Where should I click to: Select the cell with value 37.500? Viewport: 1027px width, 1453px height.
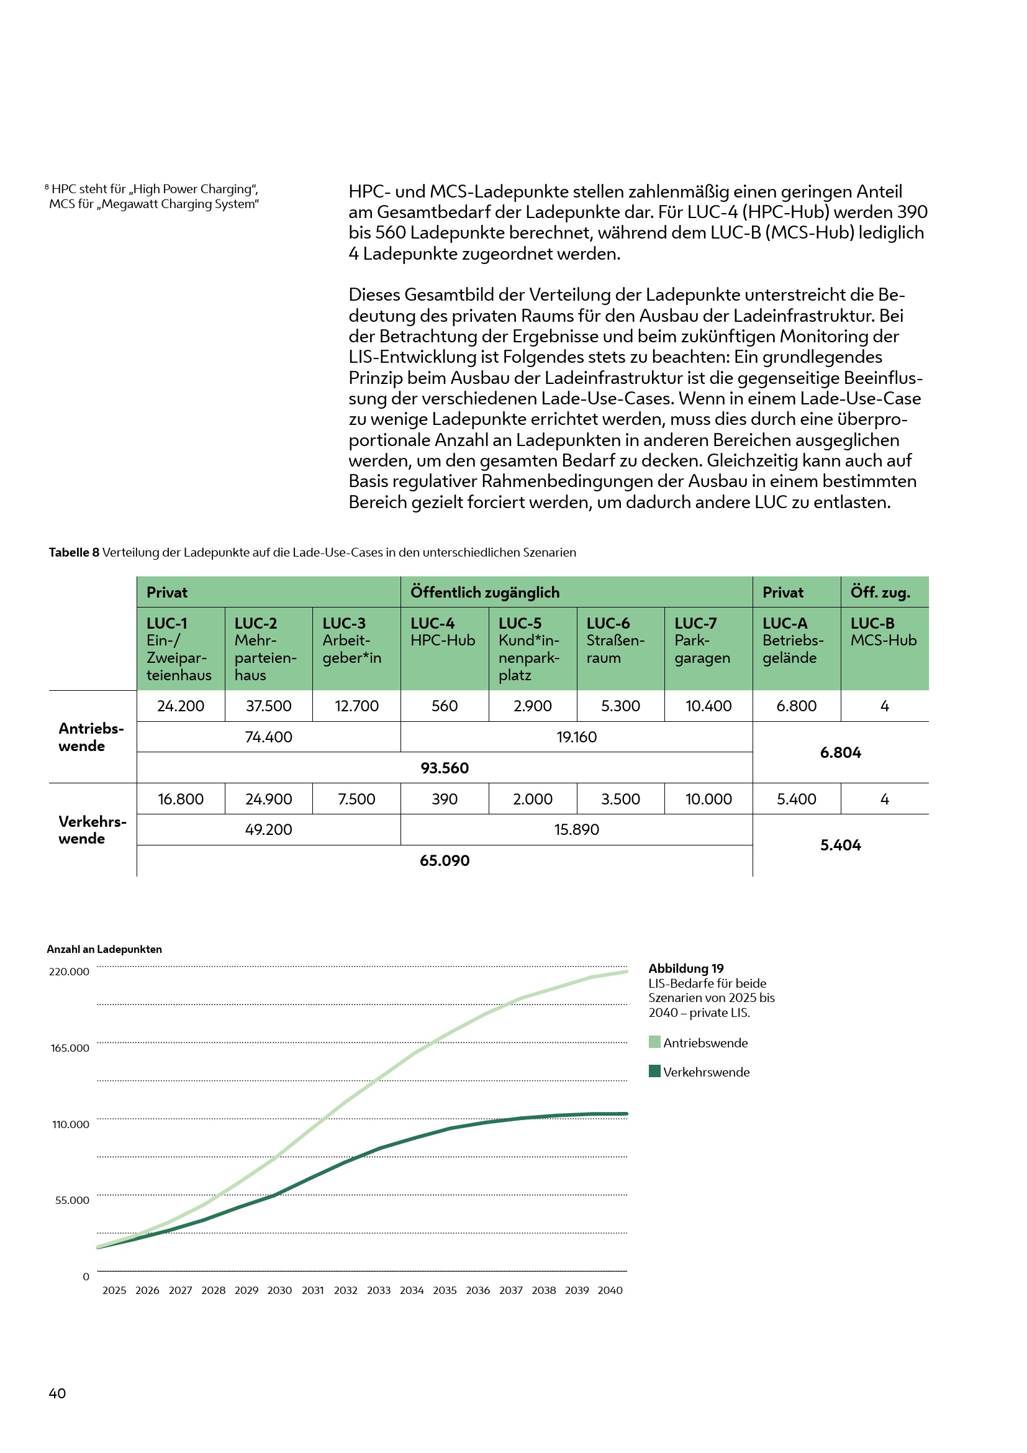(x=269, y=706)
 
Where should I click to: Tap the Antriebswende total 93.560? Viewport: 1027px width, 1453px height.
(x=445, y=768)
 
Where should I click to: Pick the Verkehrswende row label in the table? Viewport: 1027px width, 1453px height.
(x=93, y=830)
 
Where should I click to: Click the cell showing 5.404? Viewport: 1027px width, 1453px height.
(x=841, y=845)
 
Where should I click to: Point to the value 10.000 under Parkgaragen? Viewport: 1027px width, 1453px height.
(x=708, y=799)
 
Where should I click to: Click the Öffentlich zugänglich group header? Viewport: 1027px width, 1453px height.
(x=485, y=593)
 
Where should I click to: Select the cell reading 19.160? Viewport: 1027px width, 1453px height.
(x=576, y=737)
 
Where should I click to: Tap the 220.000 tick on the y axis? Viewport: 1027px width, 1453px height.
(x=70, y=972)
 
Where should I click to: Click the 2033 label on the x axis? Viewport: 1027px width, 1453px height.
(x=379, y=1290)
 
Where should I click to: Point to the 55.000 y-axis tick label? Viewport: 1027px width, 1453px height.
(x=72, y=1200)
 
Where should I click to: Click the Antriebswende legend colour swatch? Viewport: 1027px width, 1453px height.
(x=654, y=1042)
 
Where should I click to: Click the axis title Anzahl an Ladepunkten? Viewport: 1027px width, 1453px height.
(x=104, y=949)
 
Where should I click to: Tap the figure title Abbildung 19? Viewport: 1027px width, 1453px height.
(x=686, y=968)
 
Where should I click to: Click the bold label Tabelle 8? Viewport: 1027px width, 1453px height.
(x=74, y=552)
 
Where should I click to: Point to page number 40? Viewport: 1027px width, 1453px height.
(x=57, y=1393)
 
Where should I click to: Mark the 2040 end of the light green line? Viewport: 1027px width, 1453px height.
(x=626, y=972)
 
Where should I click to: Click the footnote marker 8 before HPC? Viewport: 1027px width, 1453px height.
(x=47, y=188)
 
